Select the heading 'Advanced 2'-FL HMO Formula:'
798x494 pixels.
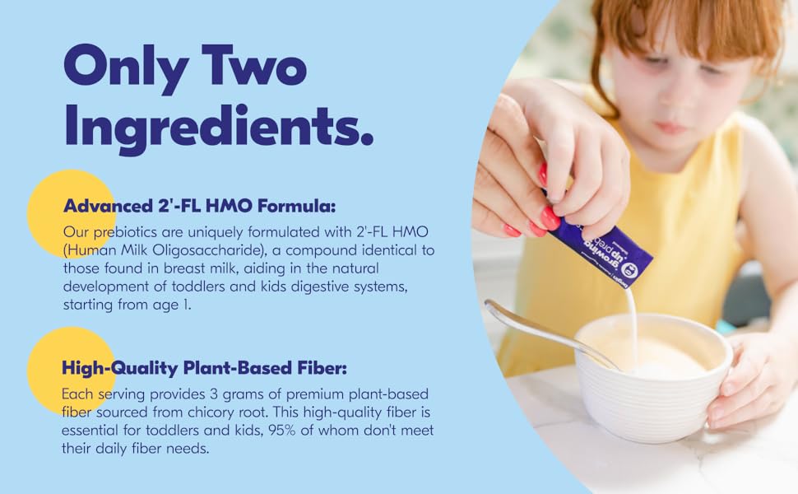pyautogui.click(x=200, y=205)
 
